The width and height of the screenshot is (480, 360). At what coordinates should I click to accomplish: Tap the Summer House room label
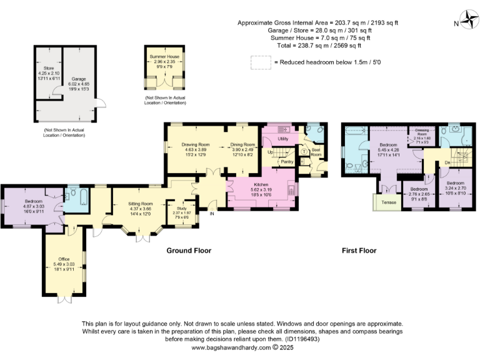coord(164,57)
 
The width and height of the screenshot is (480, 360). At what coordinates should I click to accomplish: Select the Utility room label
coord(282,139)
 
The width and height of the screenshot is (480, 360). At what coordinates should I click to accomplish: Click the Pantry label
coord(287,162)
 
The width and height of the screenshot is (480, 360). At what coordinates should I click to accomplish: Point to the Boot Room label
coord(316,153)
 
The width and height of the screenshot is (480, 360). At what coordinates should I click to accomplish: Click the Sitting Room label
coord(140,204)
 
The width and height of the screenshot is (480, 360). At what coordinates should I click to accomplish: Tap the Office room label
coord(64,259)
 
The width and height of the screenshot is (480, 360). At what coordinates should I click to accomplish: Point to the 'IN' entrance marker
coord(211,214)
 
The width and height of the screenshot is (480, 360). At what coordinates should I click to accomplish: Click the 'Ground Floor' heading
coord(188,251)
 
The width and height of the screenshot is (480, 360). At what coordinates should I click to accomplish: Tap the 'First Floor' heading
coord(359,251)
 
